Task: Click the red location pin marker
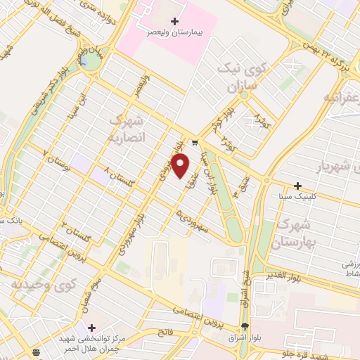click(181, 165)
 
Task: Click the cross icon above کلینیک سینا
click(298, 185)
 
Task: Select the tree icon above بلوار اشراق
click(244, 326)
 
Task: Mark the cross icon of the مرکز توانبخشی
click(91, 328)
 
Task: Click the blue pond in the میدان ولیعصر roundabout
click(86, 61)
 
